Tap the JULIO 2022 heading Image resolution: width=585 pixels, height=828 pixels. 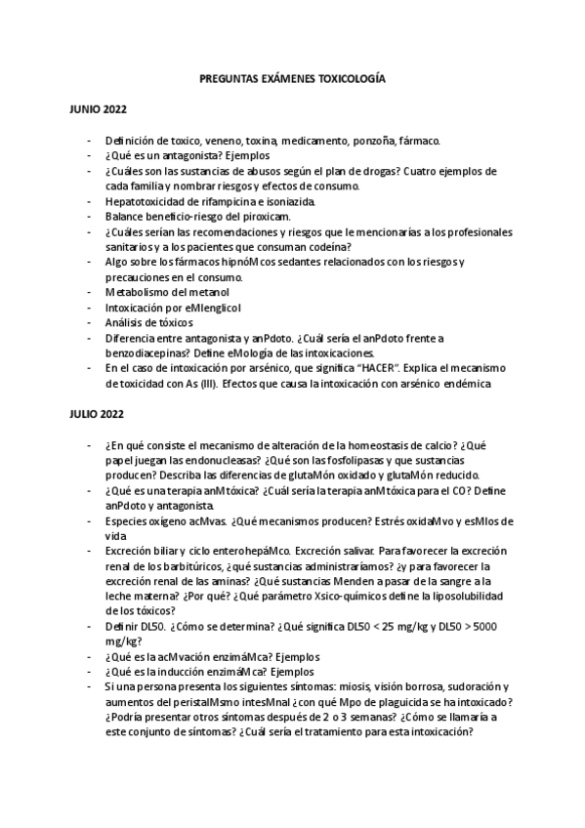coord(96,414)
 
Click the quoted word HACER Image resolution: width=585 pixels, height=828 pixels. coord(376,368)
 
